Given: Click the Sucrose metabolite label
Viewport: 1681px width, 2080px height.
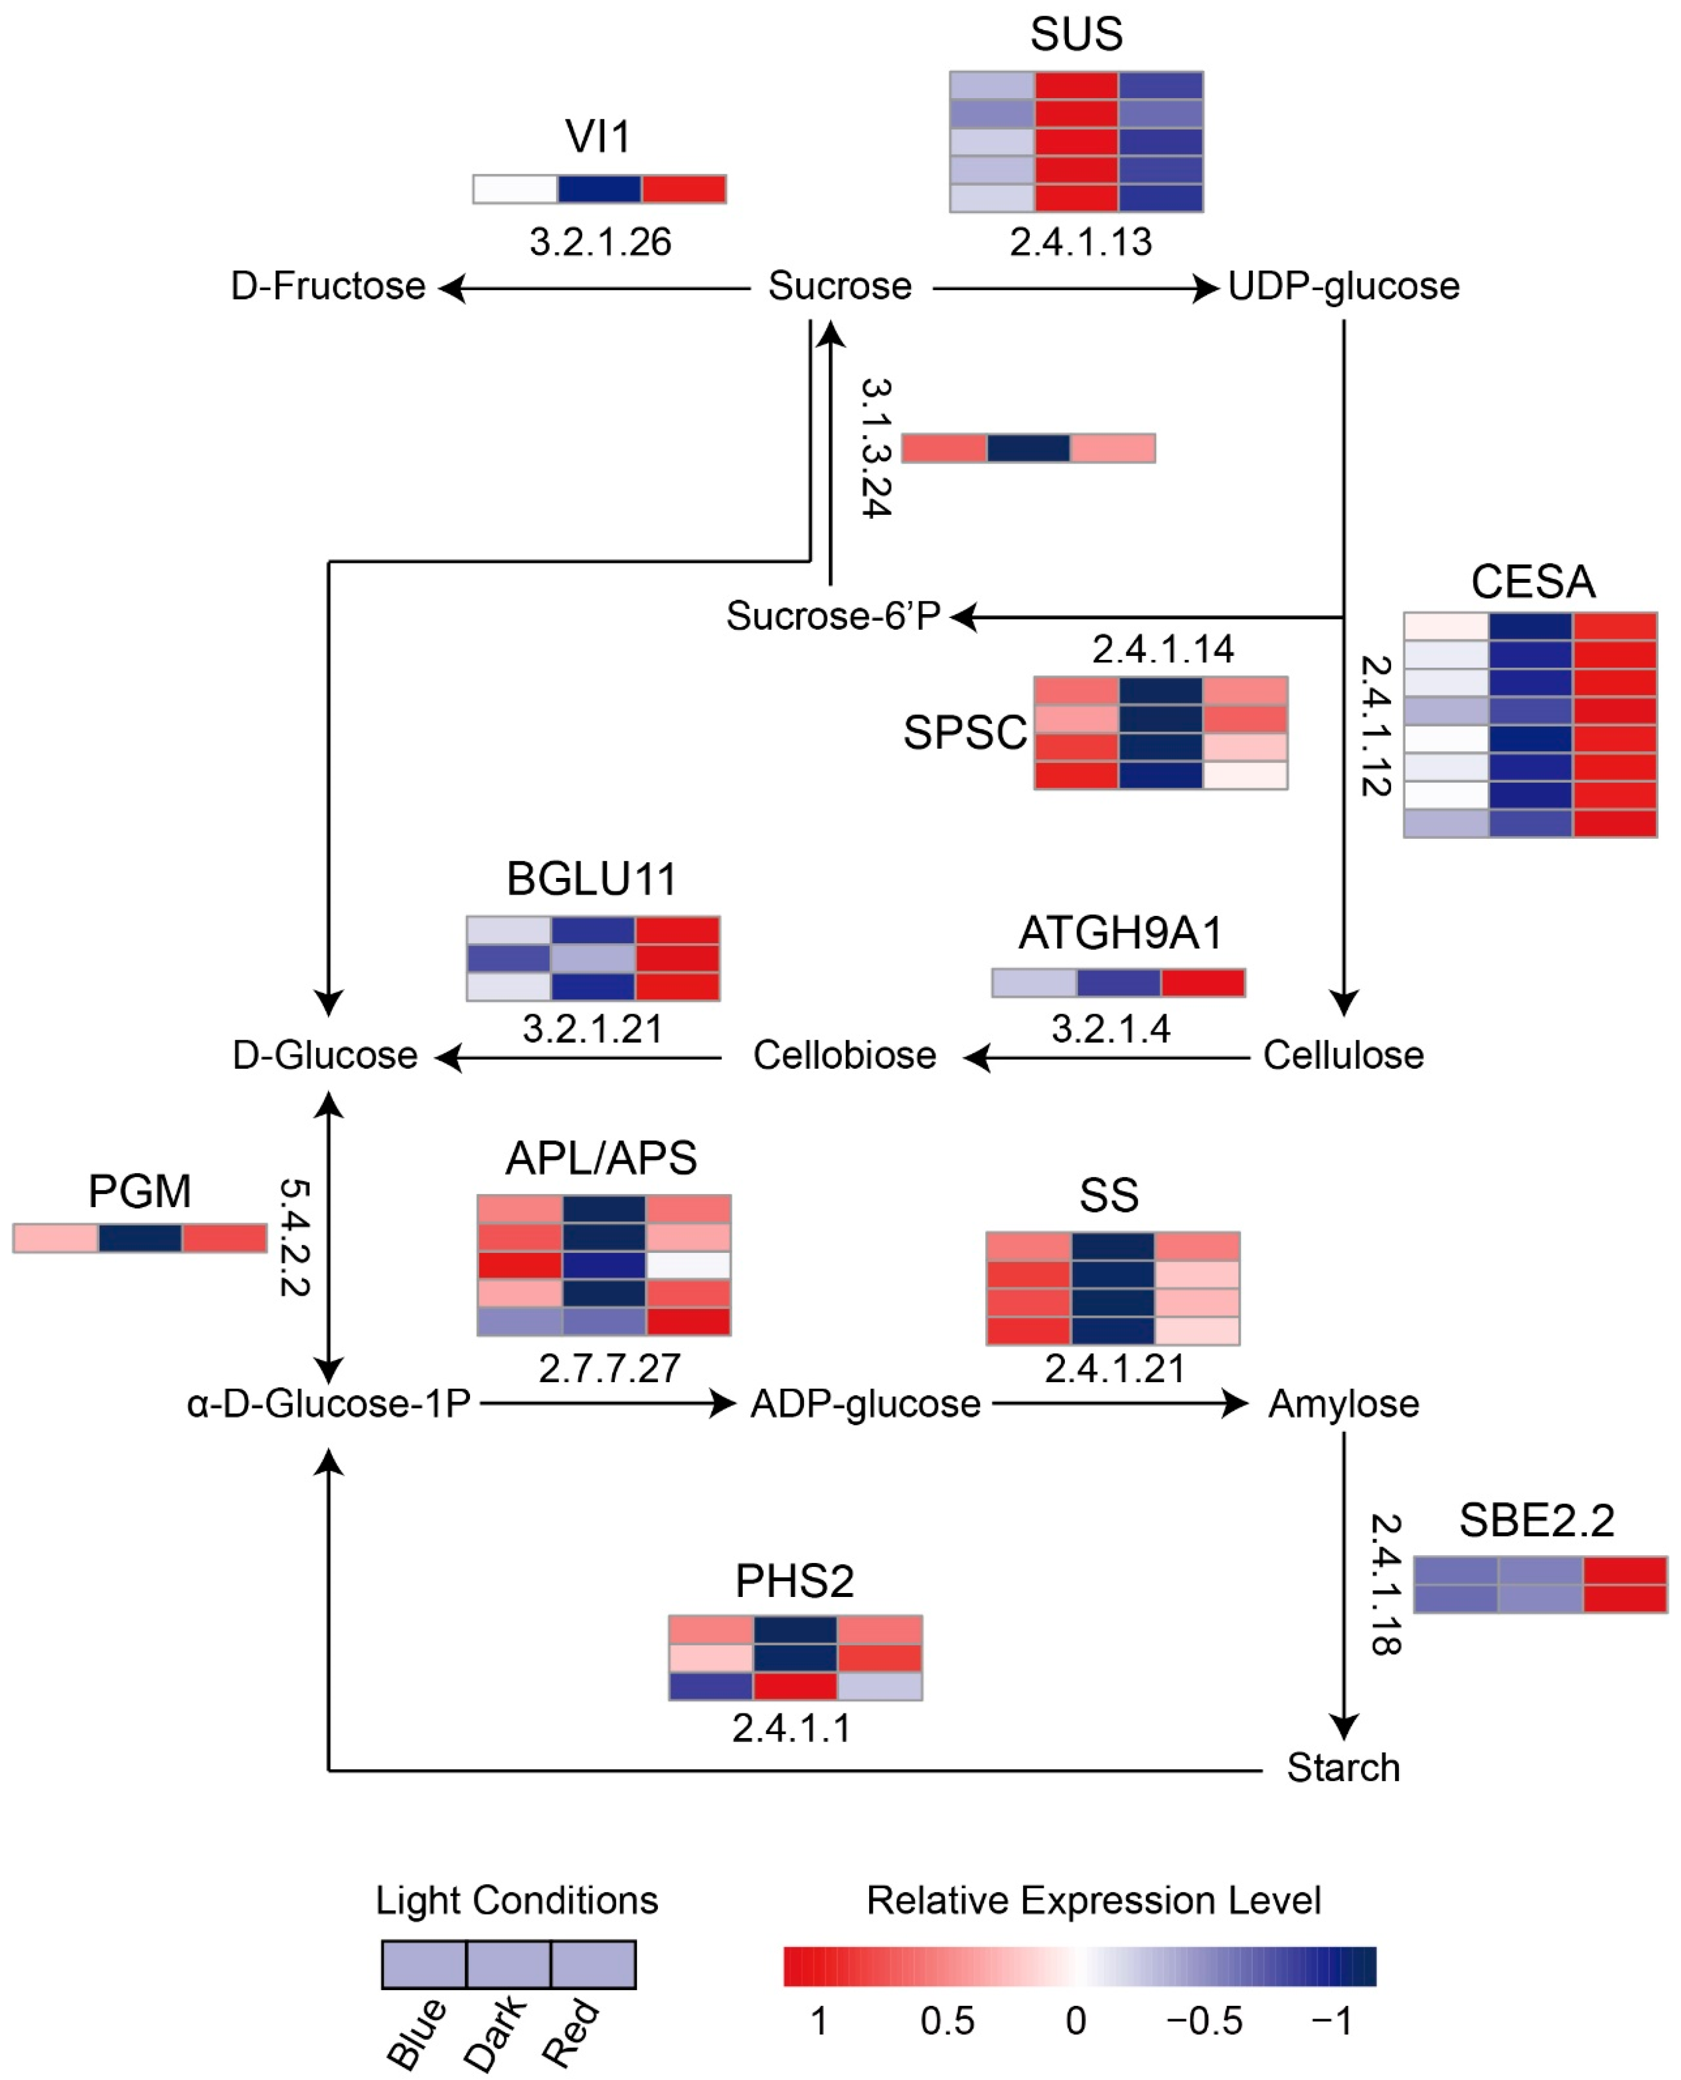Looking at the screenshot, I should (840, 287).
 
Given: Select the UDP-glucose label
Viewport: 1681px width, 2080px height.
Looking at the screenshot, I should (1343, 287).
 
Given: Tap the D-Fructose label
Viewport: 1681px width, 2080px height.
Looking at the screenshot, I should (328, 287).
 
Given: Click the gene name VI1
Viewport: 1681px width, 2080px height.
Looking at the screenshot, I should (598, 137).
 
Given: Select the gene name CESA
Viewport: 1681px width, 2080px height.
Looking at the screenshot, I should (1533, 582).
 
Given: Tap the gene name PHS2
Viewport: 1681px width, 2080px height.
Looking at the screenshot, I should (794, 1582).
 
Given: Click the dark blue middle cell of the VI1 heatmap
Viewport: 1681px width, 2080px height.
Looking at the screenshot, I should (599, 189).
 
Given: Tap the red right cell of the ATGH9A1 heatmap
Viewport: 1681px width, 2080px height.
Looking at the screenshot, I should (1203, 982).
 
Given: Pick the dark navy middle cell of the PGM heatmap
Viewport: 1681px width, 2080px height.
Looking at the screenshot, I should (139, 1238).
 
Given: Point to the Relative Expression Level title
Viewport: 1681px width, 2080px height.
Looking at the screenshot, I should (1093, 1901).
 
